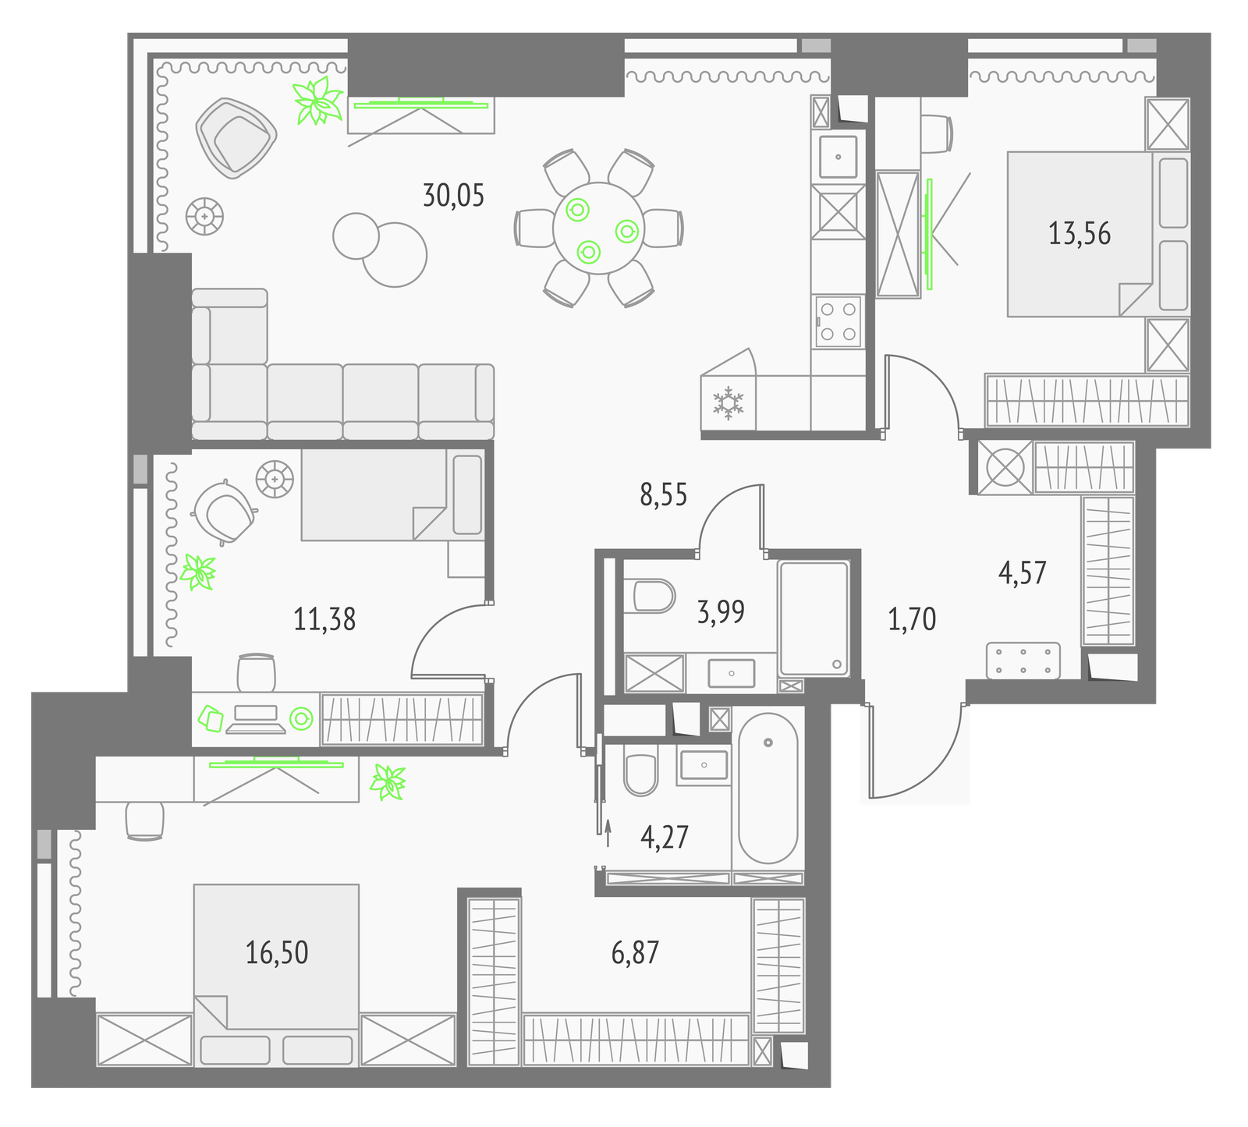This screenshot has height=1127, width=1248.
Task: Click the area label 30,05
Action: point(453,195)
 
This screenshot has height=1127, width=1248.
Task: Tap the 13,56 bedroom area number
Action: point(1080,233)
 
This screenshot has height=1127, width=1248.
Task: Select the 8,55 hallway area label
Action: point(664,495)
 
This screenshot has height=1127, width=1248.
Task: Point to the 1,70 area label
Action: point(912,619)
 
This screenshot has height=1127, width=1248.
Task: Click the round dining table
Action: point(599,229)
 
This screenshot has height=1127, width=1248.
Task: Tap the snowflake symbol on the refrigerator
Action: point(729,402)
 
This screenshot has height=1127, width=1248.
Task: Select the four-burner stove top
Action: point(838,321)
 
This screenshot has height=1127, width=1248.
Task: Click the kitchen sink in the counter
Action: point(838,157)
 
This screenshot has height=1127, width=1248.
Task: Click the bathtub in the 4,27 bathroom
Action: point(768,789)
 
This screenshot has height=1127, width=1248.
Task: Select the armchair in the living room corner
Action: point(236,137)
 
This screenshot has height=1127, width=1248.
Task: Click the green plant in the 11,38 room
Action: point(197,572)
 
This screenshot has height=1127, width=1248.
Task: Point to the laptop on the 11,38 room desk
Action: point(256,719)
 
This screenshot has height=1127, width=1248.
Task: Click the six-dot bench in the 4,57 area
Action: point(1023,660)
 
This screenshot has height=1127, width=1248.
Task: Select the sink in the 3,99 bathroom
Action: point(732,672)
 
